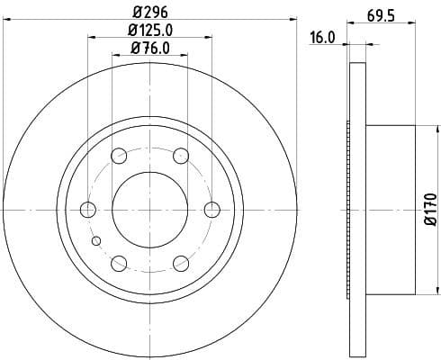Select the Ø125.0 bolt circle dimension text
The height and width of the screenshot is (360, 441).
[x=150, y=31]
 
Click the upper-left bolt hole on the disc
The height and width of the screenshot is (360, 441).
[x=119, y=156]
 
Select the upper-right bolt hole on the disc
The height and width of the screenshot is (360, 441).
[x=180, y=156]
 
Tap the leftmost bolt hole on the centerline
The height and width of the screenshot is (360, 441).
[x=87, y=210]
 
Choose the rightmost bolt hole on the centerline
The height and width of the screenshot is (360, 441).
[x=211, y=210]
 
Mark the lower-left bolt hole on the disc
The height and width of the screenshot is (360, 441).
[x=119, y=263]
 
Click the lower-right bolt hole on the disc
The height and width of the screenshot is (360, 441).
[x=180, y=263]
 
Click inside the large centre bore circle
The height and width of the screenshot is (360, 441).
[x=149, y=210]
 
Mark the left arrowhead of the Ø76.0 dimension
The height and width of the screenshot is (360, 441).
[x=114, y=56]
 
